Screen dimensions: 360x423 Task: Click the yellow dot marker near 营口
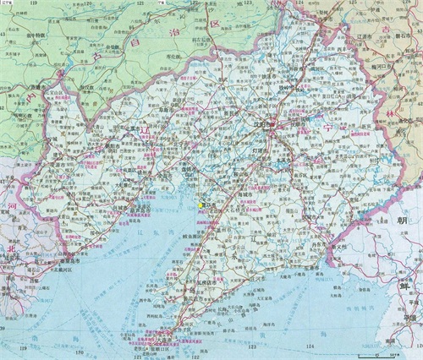pos(201,205)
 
